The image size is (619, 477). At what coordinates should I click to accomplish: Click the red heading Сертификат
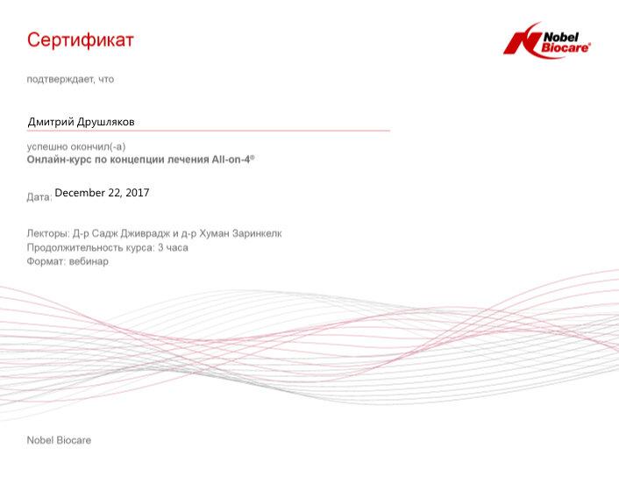(x=81, y=40)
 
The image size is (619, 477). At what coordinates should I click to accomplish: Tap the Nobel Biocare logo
(x=547, y=40)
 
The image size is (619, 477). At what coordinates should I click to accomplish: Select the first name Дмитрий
(x=51, y=122)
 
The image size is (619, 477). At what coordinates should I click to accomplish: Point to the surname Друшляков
(x=105, y=122)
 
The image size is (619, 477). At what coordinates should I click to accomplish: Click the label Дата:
(x=39, y=196)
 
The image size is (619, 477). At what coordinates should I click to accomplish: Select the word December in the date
(x=80, y=193)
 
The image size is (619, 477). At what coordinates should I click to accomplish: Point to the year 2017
(x=138, y=193)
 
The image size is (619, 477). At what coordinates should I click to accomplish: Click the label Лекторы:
(x=48, y=233)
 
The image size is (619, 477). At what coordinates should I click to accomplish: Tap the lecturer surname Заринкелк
(x=257, y=233)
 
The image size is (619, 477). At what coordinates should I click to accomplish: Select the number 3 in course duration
(x=160, y=247)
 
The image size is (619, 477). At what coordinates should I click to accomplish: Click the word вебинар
(x=89, y=261)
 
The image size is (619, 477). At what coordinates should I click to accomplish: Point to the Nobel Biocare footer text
(x=59, y=440)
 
